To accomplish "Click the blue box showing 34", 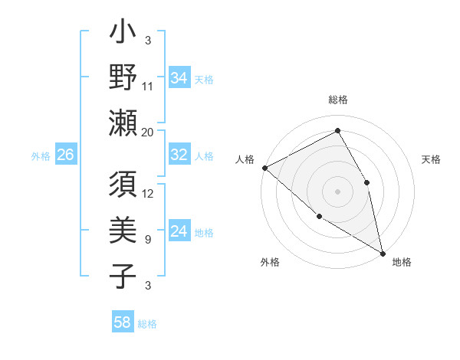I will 179,78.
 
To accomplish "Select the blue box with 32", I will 179,155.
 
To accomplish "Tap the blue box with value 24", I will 179,232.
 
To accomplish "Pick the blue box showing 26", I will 65,155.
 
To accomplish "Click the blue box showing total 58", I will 123,322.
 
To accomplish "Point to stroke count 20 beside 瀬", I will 148,133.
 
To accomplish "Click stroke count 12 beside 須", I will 148,194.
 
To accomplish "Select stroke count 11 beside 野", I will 148,87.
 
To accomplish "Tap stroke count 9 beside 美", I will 148,240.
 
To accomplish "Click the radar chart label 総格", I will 338,100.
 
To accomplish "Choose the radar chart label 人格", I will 245,159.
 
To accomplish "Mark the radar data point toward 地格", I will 382,252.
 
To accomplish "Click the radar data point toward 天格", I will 367,182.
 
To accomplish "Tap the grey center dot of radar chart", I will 337,191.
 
